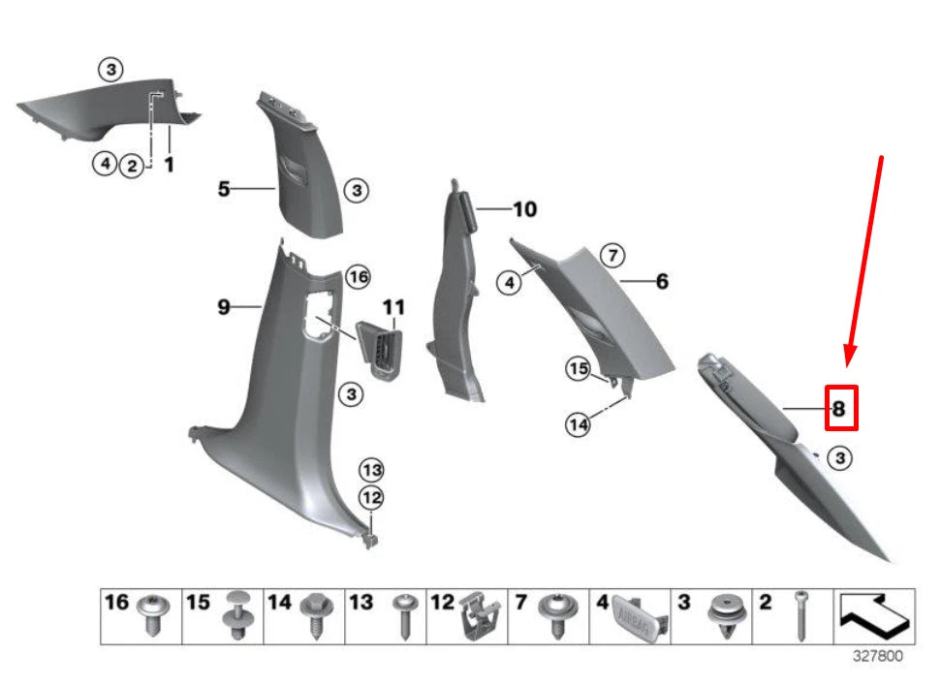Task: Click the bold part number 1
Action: click(169, 165)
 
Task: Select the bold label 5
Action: click(224, 189)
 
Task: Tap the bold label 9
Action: click(223, 307)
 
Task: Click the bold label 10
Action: click(524, 209)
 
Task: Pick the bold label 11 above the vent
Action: click(392, 308)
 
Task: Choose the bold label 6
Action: click(662, 282)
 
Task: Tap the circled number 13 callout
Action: click(372, 470)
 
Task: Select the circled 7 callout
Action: click(612, 256)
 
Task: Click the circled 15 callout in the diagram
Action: click(579, 368)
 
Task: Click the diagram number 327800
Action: click(877, 656)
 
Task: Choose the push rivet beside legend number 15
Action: click(235, 615)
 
